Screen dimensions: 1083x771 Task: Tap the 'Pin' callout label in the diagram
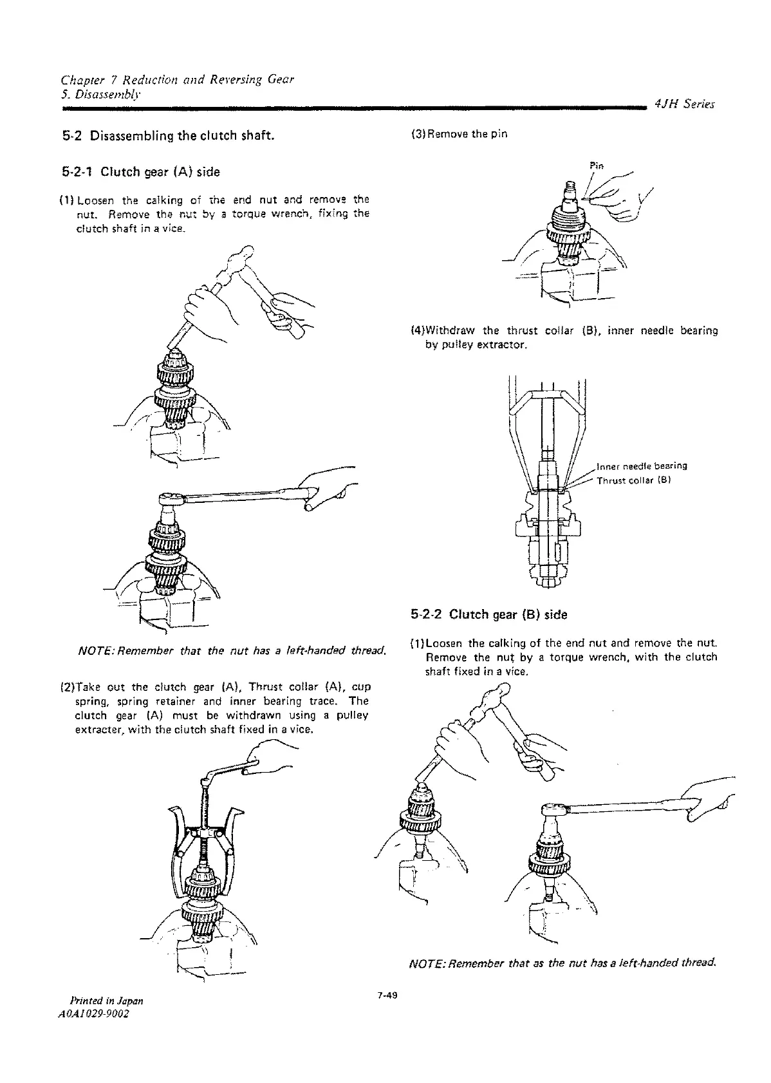(x=595, y=166)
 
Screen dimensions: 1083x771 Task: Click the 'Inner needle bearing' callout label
(x=642, y=466)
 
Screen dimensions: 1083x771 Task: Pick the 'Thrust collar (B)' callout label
(x=634, y=480)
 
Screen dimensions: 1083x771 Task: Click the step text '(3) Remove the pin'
(x=459, y=135)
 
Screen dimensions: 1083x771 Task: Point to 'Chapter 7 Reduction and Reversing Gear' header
(x=177, y=80)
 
